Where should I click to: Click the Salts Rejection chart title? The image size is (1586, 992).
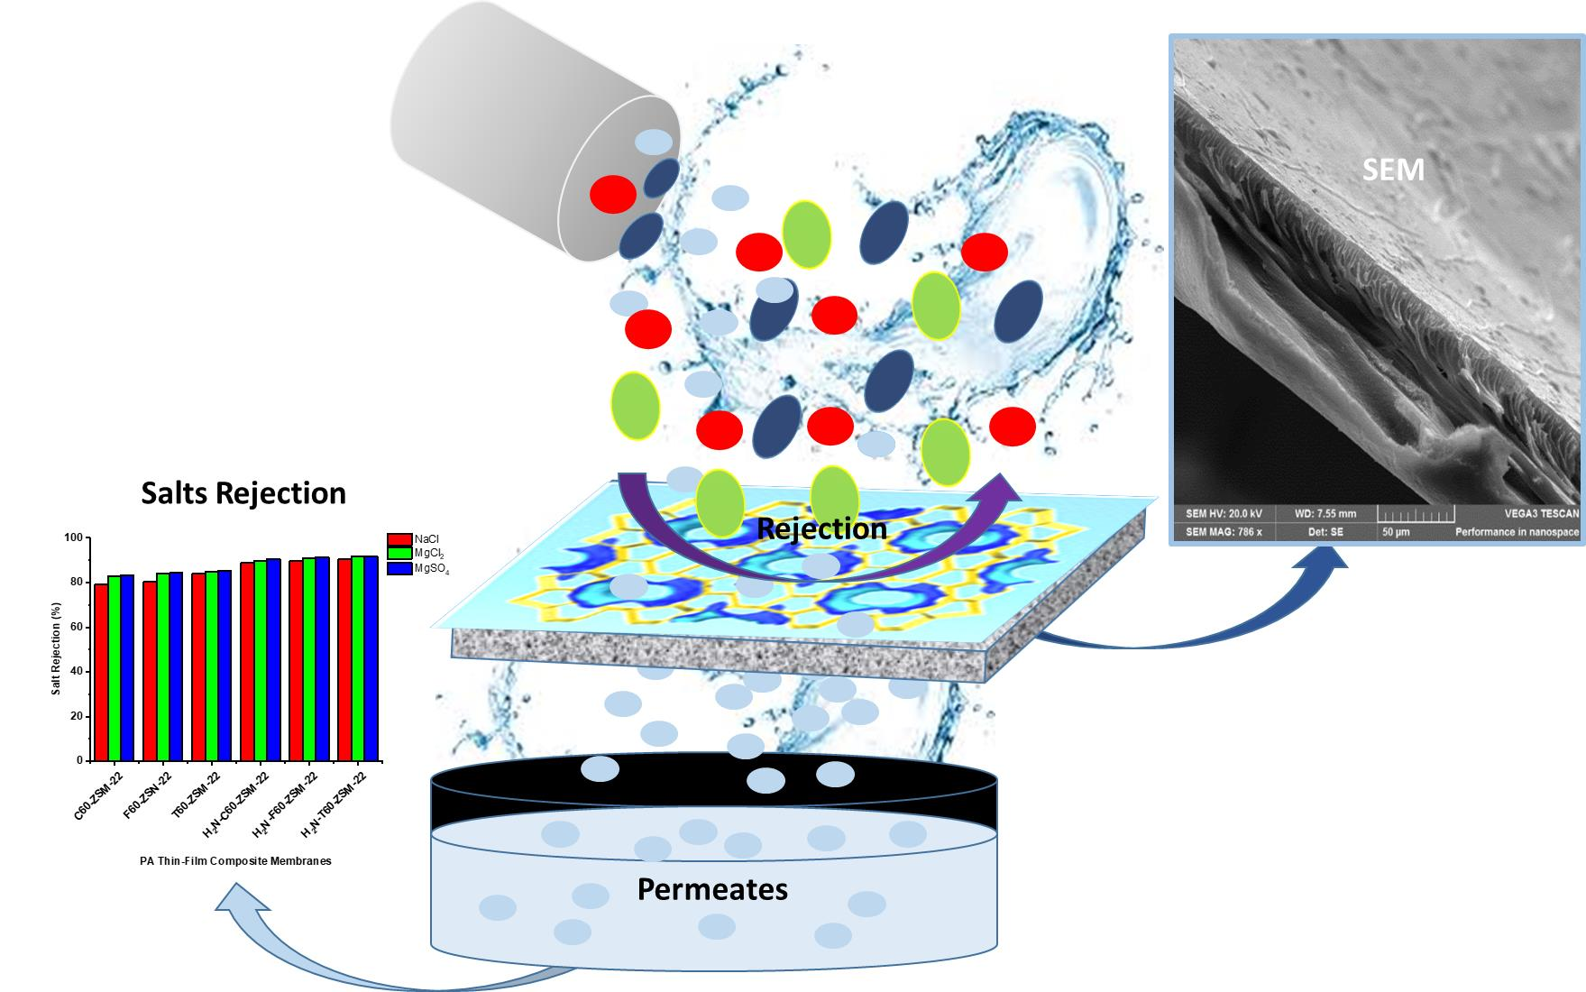coord(243,493)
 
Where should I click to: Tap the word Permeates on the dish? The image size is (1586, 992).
coord(712,889)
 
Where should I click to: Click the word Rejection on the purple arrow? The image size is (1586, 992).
coord(821,528)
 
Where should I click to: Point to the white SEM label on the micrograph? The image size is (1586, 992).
coord(1393,169)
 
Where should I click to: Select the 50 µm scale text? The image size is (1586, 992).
coord(1396,532)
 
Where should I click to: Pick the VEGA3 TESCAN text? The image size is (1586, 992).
coord(1542,514)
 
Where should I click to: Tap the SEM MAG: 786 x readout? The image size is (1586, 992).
coord(1224,532)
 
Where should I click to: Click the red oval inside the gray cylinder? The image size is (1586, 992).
coord(613,194)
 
